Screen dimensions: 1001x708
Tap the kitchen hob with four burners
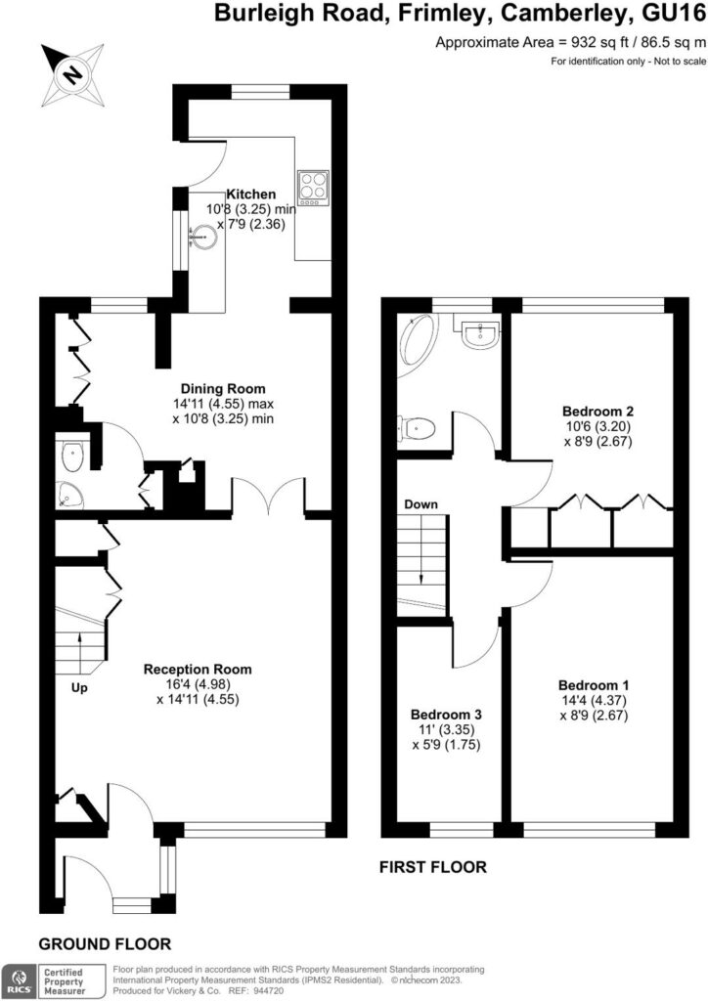click(314, 186)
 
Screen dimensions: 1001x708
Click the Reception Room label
click(198, 670)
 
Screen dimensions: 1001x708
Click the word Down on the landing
click(420, 504)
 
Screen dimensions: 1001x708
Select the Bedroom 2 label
click(592, 411)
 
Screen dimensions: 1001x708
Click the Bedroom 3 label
click(445, 715)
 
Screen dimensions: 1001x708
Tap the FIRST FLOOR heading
click(431, 867)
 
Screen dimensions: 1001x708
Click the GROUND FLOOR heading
click(105, 943)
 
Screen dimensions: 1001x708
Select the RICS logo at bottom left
click(20, 979)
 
